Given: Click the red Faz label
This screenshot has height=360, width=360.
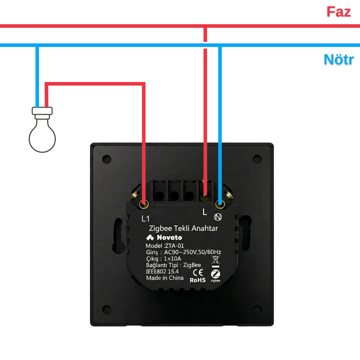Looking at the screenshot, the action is point(339,12).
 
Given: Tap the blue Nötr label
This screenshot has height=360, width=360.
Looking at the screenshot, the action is point(339,59).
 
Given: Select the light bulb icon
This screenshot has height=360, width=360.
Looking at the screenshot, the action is point(42,130).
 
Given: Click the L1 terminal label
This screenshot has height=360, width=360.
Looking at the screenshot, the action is point(145,219).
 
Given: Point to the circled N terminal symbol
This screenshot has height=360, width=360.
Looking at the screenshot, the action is point(218,217).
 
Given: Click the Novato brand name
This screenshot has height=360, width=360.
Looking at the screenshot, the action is point(170,237).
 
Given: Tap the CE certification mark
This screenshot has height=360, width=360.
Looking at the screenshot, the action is point(198,272).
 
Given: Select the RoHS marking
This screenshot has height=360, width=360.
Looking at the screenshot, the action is point(198,280).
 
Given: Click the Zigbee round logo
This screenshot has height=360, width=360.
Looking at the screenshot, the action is point(215,274).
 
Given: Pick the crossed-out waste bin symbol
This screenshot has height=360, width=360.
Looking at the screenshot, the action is point(215,260).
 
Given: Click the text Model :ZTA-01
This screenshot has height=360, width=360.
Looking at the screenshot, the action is point(165,246).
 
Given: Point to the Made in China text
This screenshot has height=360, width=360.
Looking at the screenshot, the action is point(165,278).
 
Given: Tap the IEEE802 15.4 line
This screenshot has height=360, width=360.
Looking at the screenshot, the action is point(162,271).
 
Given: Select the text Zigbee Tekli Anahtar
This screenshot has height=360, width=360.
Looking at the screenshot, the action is point(184,228).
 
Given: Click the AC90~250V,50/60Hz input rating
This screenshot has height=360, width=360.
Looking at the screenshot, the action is point(192,252).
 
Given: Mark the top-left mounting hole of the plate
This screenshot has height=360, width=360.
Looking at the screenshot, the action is point(107,159).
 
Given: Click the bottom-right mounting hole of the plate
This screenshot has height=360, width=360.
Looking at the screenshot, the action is point(257,310).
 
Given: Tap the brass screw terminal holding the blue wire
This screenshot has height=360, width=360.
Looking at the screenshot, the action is point(220,204).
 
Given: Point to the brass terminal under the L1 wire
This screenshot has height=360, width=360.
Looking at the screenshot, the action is point(144,204).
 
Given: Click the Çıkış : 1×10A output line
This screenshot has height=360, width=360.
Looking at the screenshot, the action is point(163,258).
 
